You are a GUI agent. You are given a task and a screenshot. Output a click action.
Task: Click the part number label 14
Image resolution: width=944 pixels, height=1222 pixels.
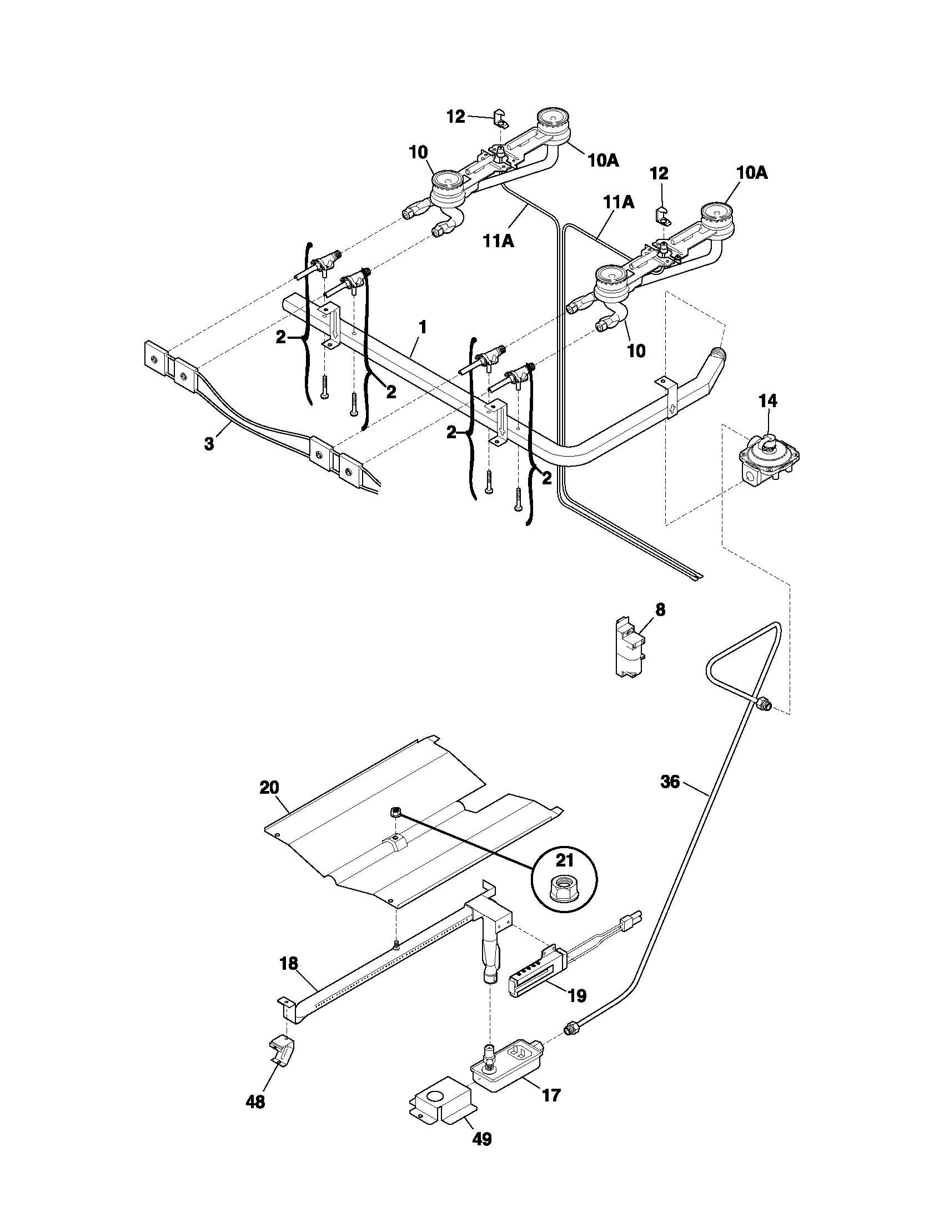pos(767,400)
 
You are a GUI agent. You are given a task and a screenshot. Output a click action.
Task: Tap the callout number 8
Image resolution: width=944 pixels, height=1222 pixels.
pos(660,609)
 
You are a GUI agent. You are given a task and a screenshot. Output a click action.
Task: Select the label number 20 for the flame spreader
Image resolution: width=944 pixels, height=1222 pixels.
pos(269,787)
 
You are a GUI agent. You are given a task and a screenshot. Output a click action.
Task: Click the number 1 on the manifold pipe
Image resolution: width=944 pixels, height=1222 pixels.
pos(423,327)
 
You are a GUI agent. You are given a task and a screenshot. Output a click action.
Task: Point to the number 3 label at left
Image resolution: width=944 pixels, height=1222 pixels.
pos(209,444)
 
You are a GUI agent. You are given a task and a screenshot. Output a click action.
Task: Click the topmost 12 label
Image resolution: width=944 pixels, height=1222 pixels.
pos(456,117)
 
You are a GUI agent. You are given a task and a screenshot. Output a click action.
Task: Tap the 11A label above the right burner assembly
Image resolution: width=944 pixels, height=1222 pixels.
pos(618,202)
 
